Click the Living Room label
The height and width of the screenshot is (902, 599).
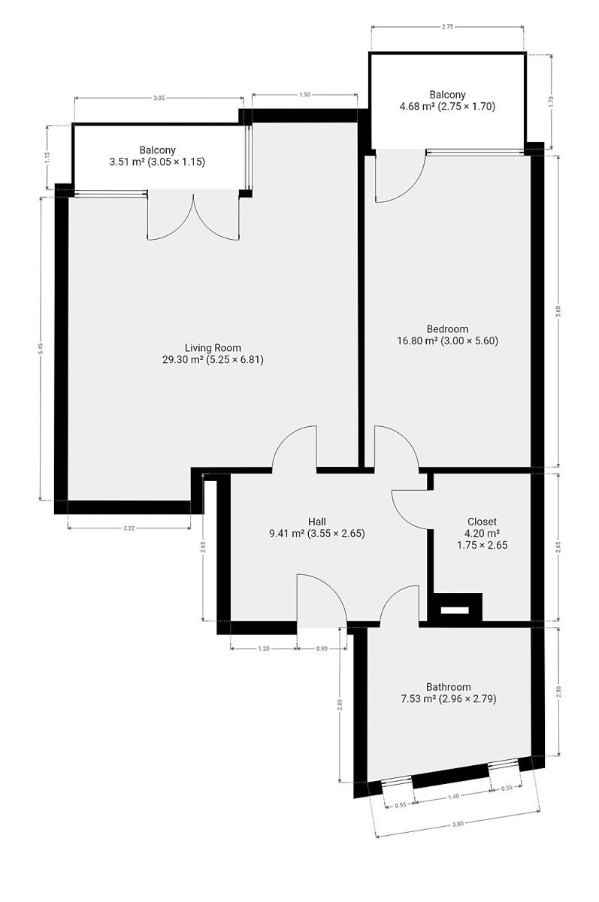pyautogui.click(x=213, y=347)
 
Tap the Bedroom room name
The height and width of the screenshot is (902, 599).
pyautogui.click(x=447, y=329)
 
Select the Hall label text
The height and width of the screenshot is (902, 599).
pyautogui.click(x=317, y=522)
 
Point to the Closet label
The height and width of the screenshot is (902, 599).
pyautogui.click(x=482, y=522)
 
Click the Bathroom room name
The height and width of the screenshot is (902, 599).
pyautogui.click(x=449, y=686)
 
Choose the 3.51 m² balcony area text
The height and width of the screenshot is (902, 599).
pyautogui.click(x=126, y=162)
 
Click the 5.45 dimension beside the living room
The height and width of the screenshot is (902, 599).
pyautogui.click(x=41, y=348)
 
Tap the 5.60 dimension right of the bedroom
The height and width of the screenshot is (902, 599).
pyautogui.click(x=558, y=311)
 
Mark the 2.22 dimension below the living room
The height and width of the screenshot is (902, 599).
pyautogui.click(x=129, y=528)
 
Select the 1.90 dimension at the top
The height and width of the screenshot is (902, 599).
pyautogui.click(x=304, y=95)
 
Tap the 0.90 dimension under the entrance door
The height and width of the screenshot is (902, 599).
pyautogui.click(x=322, y=648)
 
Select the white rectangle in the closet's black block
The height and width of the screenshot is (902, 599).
pyautogui.click(x=455, y=610)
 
